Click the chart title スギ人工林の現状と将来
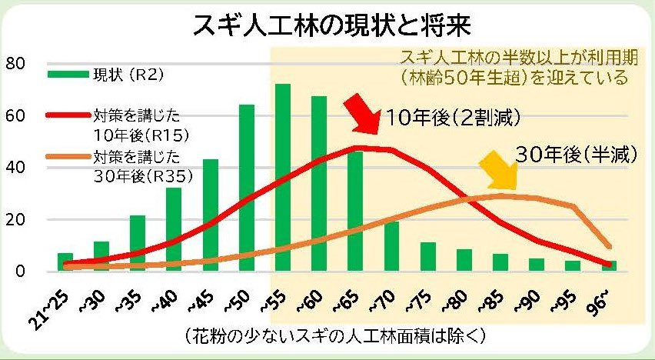(332, 25)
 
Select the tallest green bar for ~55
(283, 177)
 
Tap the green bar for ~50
(247, 188)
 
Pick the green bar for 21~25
(65, 262)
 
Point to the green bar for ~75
(428, 256)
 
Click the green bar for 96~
(609, 265)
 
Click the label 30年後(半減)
(577, 154)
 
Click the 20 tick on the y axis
(15, 219)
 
